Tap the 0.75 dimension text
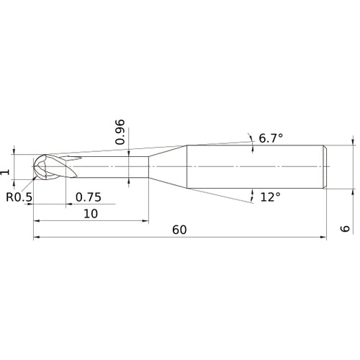(x=89, y=197)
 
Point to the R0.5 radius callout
(x=19, y=197)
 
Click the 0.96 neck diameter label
(x=121, y=131)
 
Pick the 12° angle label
(x=270, y=197)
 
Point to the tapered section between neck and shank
(x=168, y=167)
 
